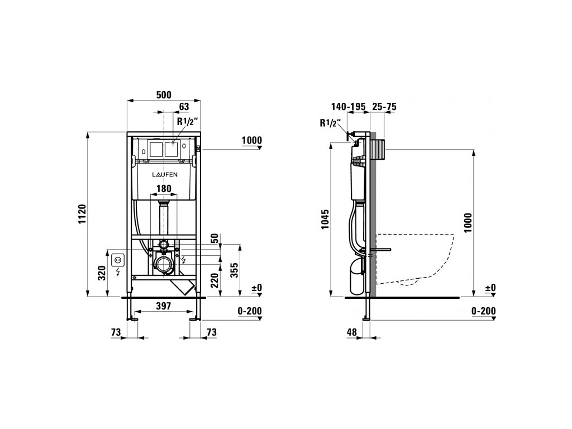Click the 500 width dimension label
click(164, 95)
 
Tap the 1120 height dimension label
click(82, 214)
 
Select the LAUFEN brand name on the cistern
click(165, 175)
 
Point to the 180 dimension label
click(164, 189)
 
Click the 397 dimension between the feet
click(164, 306)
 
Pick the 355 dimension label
click(235, 270)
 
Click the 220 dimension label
click(214, 280)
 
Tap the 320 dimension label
click(102, 273)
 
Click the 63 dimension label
click(184, 107)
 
